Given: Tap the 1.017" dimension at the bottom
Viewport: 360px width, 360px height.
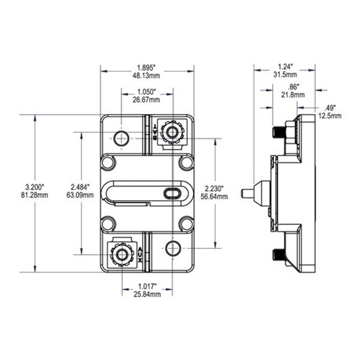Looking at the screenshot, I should [148, 286].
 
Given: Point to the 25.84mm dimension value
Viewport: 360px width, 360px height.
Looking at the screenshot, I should [148, 295].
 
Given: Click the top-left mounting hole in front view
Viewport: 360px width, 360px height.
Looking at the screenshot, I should [122, 138].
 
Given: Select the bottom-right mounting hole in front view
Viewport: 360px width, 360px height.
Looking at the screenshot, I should [173, 248].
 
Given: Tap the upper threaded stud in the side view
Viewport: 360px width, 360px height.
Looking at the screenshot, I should [279, 131].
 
